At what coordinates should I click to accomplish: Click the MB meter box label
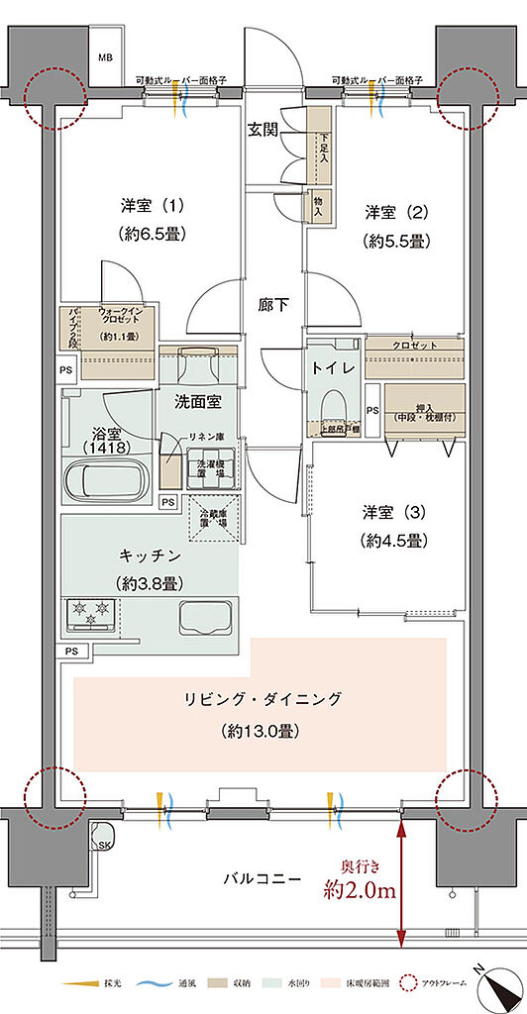pyautogui.click(x=104, y=57)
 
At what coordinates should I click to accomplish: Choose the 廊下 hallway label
pyautogui.click(x=274, y=305)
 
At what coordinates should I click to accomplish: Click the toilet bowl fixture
pyautogui.click(x=334, y=404)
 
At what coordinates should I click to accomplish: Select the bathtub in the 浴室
pyautogui.click(x=105, y=482)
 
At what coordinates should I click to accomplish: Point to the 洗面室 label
pyautogui.click(x=197, y=402)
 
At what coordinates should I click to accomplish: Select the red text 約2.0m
pyautogui.click(x=361, y=890)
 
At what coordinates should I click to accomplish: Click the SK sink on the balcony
pyautogui.click(x=103, y=844)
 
